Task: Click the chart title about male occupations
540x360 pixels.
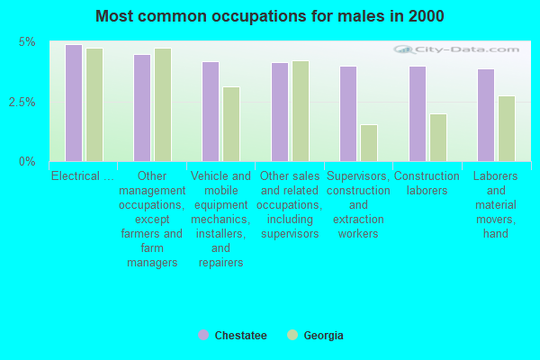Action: tap(270, 16)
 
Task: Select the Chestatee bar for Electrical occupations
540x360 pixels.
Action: tap(74, 103)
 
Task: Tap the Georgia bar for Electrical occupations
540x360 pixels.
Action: tap(94, 104)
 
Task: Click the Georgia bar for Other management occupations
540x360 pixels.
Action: tap(163, 104)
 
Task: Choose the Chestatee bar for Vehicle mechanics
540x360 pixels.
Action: tap(211, 112)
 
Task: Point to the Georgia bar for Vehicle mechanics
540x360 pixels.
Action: tap(231, 124)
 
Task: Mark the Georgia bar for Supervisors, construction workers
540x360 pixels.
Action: tap(369, 143)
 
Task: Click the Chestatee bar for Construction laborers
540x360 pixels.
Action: tap(418, 113)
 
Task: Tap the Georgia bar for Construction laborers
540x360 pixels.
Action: tap(438, 138)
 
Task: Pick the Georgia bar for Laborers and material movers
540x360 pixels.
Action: tap(507, 129)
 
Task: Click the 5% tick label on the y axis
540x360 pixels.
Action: tap(28, 42)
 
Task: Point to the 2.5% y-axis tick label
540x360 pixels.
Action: tap(22, 102)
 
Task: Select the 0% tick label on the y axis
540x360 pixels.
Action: tap(28, 162)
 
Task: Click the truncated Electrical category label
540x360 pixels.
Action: tap(83, 176)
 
